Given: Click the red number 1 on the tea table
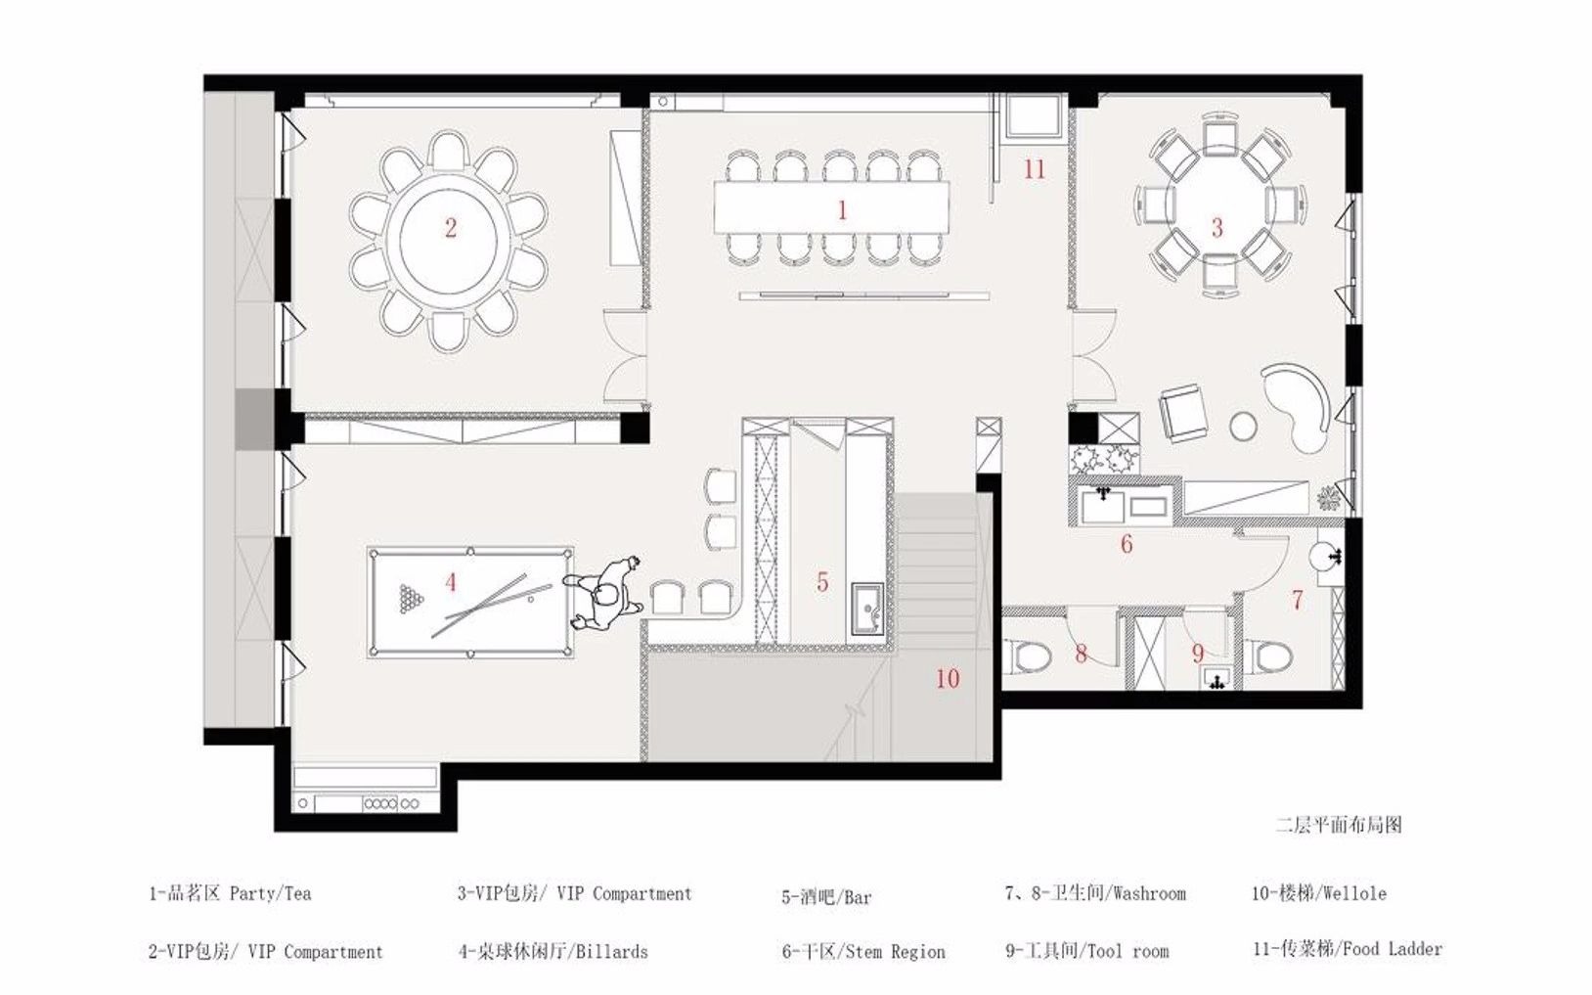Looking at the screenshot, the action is pyautogui.click(x=842, y=210).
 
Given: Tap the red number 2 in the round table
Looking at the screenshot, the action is pyautogui.click(x=451, y=228).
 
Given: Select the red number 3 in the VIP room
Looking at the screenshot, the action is pyautogui.click(x=1217, y=228).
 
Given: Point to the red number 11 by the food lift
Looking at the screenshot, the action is pyautogui.click(x=1034, y=169).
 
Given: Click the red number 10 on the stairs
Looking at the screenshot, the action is pyautogui.click(x=948, y=679).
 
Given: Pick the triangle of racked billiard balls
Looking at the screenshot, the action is pyautogui.click(x=409, y=599).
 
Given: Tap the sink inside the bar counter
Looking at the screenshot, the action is pyautogui.click(x=867, y=609).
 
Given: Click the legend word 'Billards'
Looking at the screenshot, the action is pyautogui.click(x=611, y=951).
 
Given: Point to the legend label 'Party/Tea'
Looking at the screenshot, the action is pyautogui.click(x=270, y=893).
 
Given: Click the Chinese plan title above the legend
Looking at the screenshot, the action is pyautogui.click(x=1339, y=825).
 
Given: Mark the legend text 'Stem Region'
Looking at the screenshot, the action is pyautogui.click(x=895, y=952).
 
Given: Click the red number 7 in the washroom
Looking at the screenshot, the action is pyautogui.click(x=1298, y=601).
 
